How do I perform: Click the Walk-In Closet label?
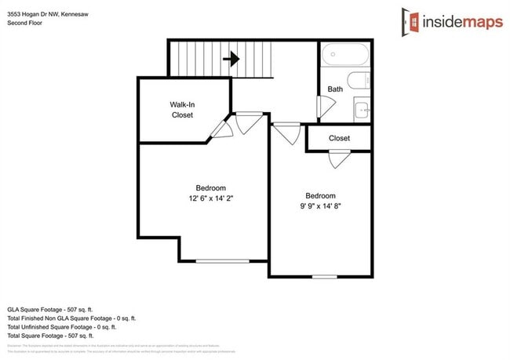182,110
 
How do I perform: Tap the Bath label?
335,89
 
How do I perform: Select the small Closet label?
339,139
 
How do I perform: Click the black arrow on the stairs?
231,58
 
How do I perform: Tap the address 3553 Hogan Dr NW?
47,13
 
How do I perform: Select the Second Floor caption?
25,24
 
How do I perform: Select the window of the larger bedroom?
222,261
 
